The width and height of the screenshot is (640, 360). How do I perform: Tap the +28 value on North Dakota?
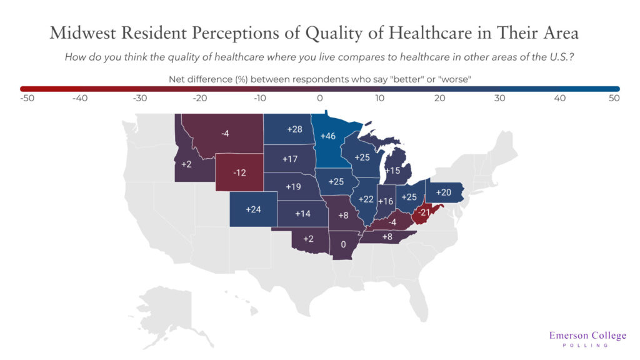[294, 129]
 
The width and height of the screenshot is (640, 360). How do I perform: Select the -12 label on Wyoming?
[239, 172]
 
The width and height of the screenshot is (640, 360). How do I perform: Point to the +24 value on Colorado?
[253, 209]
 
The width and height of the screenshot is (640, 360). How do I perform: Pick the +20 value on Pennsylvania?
[443, 192]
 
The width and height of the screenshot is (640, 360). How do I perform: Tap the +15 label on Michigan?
[392, 170]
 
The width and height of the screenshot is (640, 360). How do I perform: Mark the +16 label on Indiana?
[386, 201]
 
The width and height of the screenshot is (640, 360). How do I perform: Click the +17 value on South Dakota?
[289, 159]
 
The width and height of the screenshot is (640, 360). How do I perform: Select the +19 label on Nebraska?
[294, 186]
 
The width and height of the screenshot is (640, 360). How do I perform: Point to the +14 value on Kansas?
[302, 213]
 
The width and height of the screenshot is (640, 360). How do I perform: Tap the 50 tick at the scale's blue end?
[614, 97]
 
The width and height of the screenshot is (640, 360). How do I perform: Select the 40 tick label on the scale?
[559, 97]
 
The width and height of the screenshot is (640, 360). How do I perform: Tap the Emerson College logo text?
[587, 336]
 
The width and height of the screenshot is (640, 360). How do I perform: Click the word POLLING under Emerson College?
[587, 346]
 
